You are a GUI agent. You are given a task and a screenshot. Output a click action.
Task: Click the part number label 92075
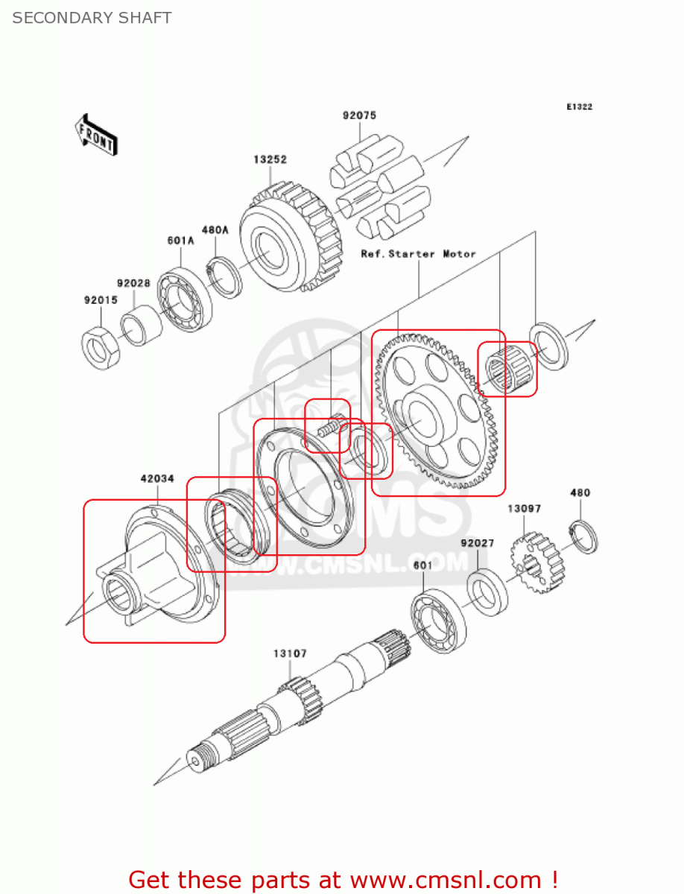coord(359,115)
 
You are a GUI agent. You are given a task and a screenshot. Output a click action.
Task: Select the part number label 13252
coord(270,159)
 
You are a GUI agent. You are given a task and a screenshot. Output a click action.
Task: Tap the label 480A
coord(214,230)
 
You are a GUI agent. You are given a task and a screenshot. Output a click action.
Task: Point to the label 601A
coord(180,241)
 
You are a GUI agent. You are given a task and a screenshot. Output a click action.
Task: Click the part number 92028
coord(133,283)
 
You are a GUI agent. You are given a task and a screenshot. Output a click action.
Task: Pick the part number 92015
coord(99,300)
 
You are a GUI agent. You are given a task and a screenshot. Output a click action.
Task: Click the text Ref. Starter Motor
coord(418,254)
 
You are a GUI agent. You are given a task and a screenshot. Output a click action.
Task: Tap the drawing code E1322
coord(579,107)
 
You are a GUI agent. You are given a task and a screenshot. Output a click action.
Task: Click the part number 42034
coord(157,479)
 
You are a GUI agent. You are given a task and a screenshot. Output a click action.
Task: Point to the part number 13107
coord(290,653)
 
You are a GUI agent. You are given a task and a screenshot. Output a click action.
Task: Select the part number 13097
coord(525,509)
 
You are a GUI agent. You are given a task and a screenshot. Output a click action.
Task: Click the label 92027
coord(477,543)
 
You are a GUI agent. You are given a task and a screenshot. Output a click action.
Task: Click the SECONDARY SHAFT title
coord(92,18)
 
